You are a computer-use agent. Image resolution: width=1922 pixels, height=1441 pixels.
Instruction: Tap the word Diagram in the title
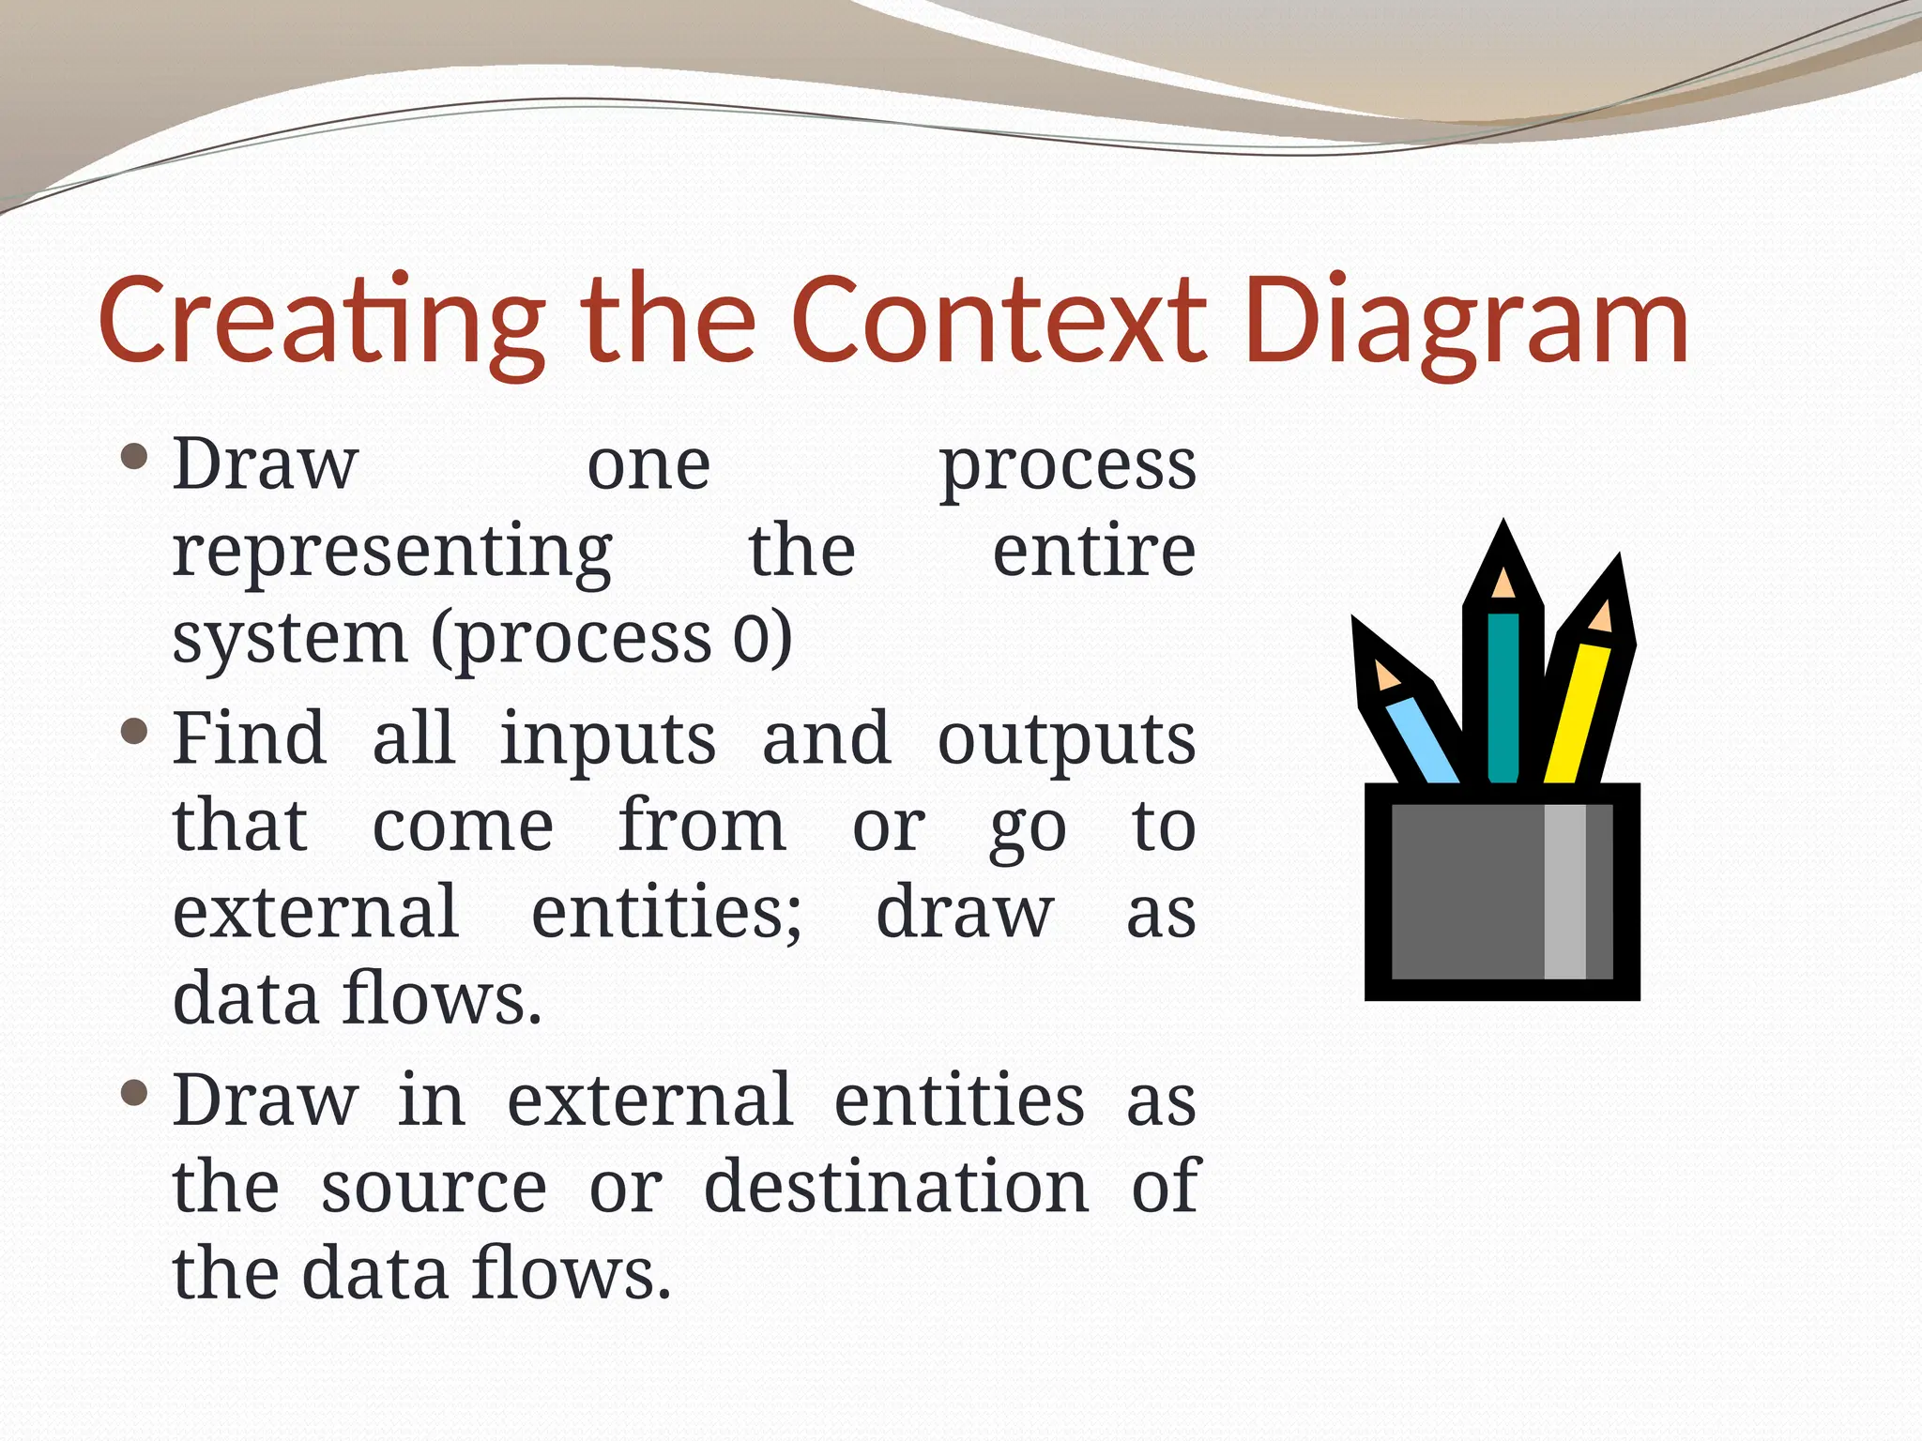1469,324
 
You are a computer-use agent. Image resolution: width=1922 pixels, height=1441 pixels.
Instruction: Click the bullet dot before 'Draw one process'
135,457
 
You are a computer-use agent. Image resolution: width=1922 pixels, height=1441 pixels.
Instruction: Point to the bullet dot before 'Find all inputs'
135,731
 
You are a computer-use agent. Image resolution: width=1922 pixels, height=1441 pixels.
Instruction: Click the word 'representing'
392,554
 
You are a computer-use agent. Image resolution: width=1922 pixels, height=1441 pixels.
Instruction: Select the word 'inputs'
608,739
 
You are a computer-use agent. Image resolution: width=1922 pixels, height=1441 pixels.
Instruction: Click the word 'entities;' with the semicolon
666,912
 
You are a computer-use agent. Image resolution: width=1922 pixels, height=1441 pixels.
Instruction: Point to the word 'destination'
896,1187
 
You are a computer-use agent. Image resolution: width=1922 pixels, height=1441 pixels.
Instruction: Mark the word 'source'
434,1188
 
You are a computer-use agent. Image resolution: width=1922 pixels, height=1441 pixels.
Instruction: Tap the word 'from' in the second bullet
702,826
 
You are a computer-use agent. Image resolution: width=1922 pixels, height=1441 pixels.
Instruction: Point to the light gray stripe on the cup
1564,891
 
